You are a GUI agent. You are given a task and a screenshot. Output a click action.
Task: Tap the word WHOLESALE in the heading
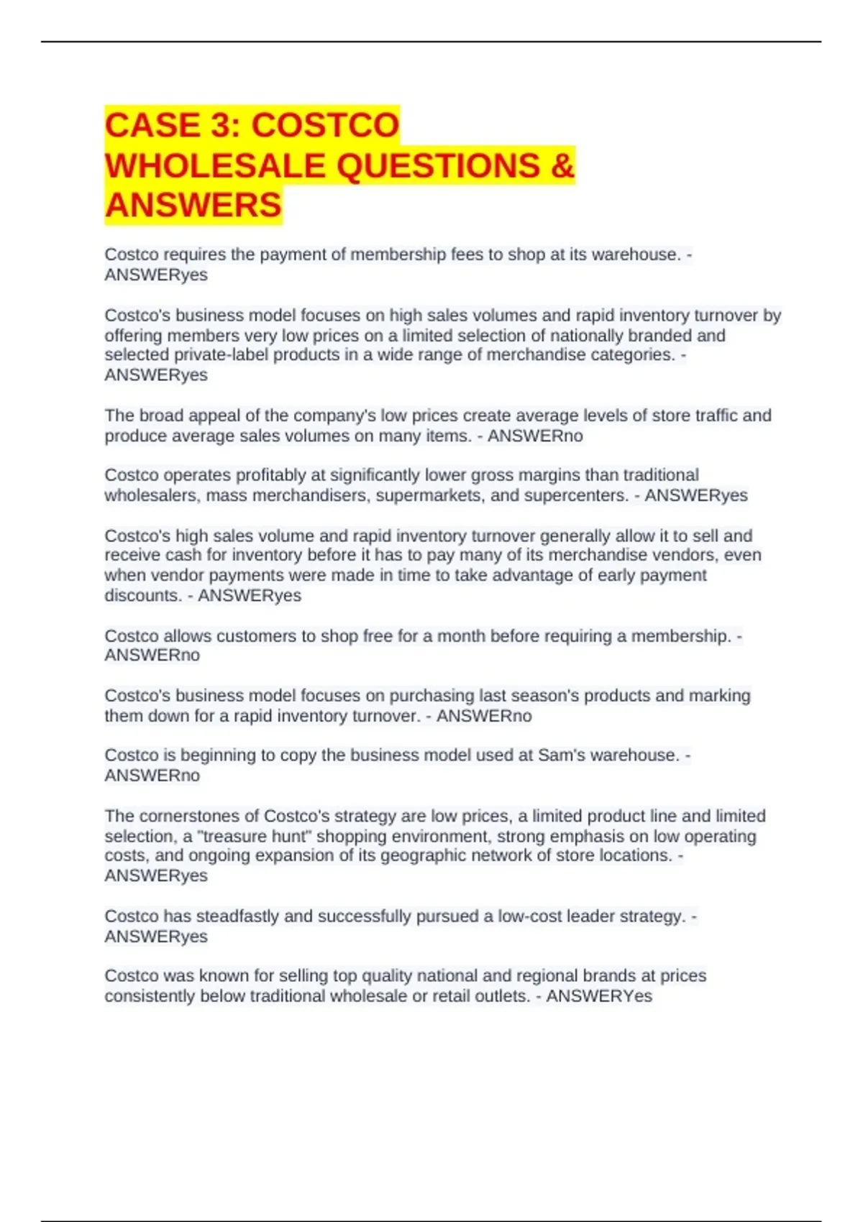point(215,166)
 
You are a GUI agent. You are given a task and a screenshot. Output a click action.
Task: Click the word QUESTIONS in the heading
point(438,166)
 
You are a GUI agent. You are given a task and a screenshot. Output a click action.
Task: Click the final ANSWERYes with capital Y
point(599,996)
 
